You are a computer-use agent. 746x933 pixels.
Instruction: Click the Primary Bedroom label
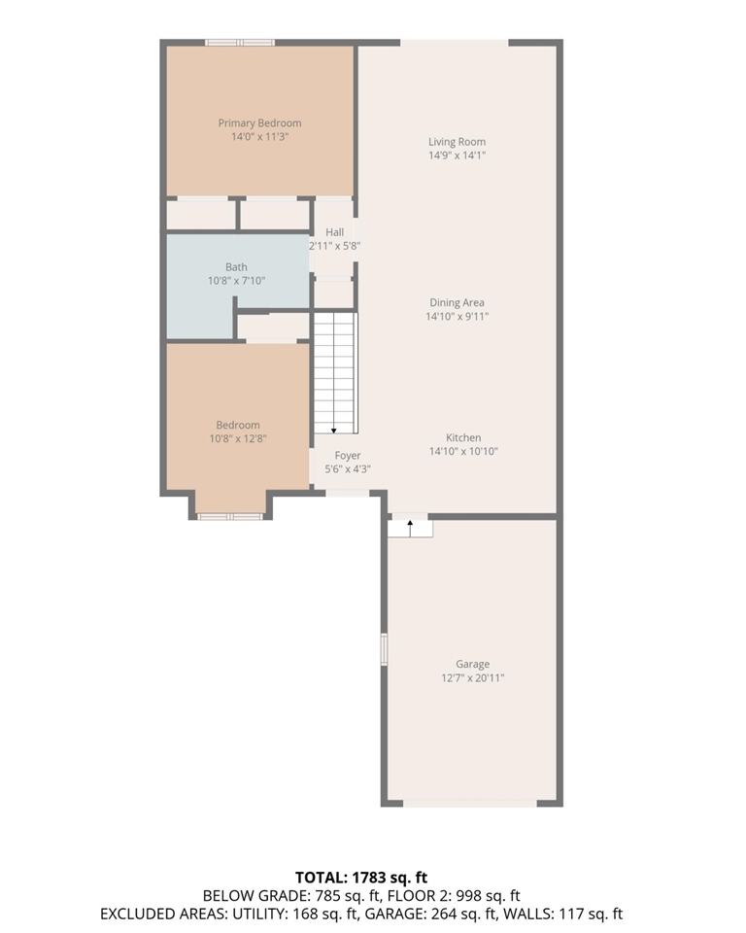tap(259, 123)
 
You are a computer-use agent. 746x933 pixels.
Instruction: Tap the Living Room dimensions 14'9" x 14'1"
tap(457, 155)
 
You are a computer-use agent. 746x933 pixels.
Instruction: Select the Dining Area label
tap(457, 302)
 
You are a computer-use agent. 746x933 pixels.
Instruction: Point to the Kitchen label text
tap(463, 437)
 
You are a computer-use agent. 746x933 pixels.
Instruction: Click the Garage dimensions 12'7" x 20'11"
tap(472, 678)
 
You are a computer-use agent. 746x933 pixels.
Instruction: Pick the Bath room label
tap(236, 267)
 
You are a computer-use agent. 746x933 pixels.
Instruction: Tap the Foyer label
tap(348, 456)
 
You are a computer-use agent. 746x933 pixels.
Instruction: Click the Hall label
tap(335, 232)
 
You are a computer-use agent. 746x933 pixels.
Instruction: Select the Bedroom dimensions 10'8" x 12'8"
tap(238, 438)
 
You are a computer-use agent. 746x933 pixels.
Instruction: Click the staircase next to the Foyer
tap(335, 373)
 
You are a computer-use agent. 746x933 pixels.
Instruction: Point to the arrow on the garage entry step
tap(410, 527)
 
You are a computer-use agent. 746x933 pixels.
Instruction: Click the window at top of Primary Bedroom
tap(239, 42)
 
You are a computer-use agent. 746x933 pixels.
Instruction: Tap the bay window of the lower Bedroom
tap(230, 516)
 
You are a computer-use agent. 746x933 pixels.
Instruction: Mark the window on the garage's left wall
tap(384, 648)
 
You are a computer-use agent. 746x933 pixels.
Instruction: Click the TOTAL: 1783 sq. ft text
tap(374, 878)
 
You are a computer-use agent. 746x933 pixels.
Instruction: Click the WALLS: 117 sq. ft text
tap(584, 914)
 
